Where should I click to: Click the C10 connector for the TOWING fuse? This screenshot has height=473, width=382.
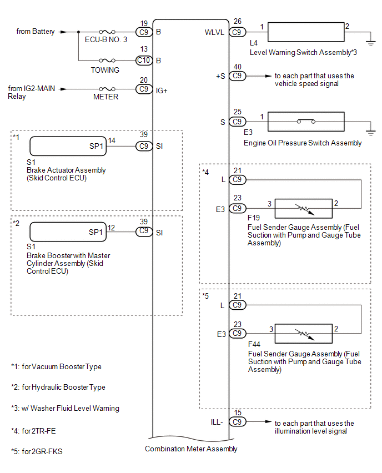143,60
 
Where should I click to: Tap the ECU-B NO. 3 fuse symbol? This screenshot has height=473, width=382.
107,32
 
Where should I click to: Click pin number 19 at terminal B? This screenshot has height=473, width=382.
144,24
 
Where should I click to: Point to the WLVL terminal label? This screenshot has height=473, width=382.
214,32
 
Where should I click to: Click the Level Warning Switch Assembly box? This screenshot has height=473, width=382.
306,32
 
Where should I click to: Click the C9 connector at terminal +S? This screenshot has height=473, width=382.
238,76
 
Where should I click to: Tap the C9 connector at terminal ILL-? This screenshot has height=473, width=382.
238,421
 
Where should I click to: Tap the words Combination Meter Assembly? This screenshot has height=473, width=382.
191,449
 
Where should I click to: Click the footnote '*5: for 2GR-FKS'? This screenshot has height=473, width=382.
37,451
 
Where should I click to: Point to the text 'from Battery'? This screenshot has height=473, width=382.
36,32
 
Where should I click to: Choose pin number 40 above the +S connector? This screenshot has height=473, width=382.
238,67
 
